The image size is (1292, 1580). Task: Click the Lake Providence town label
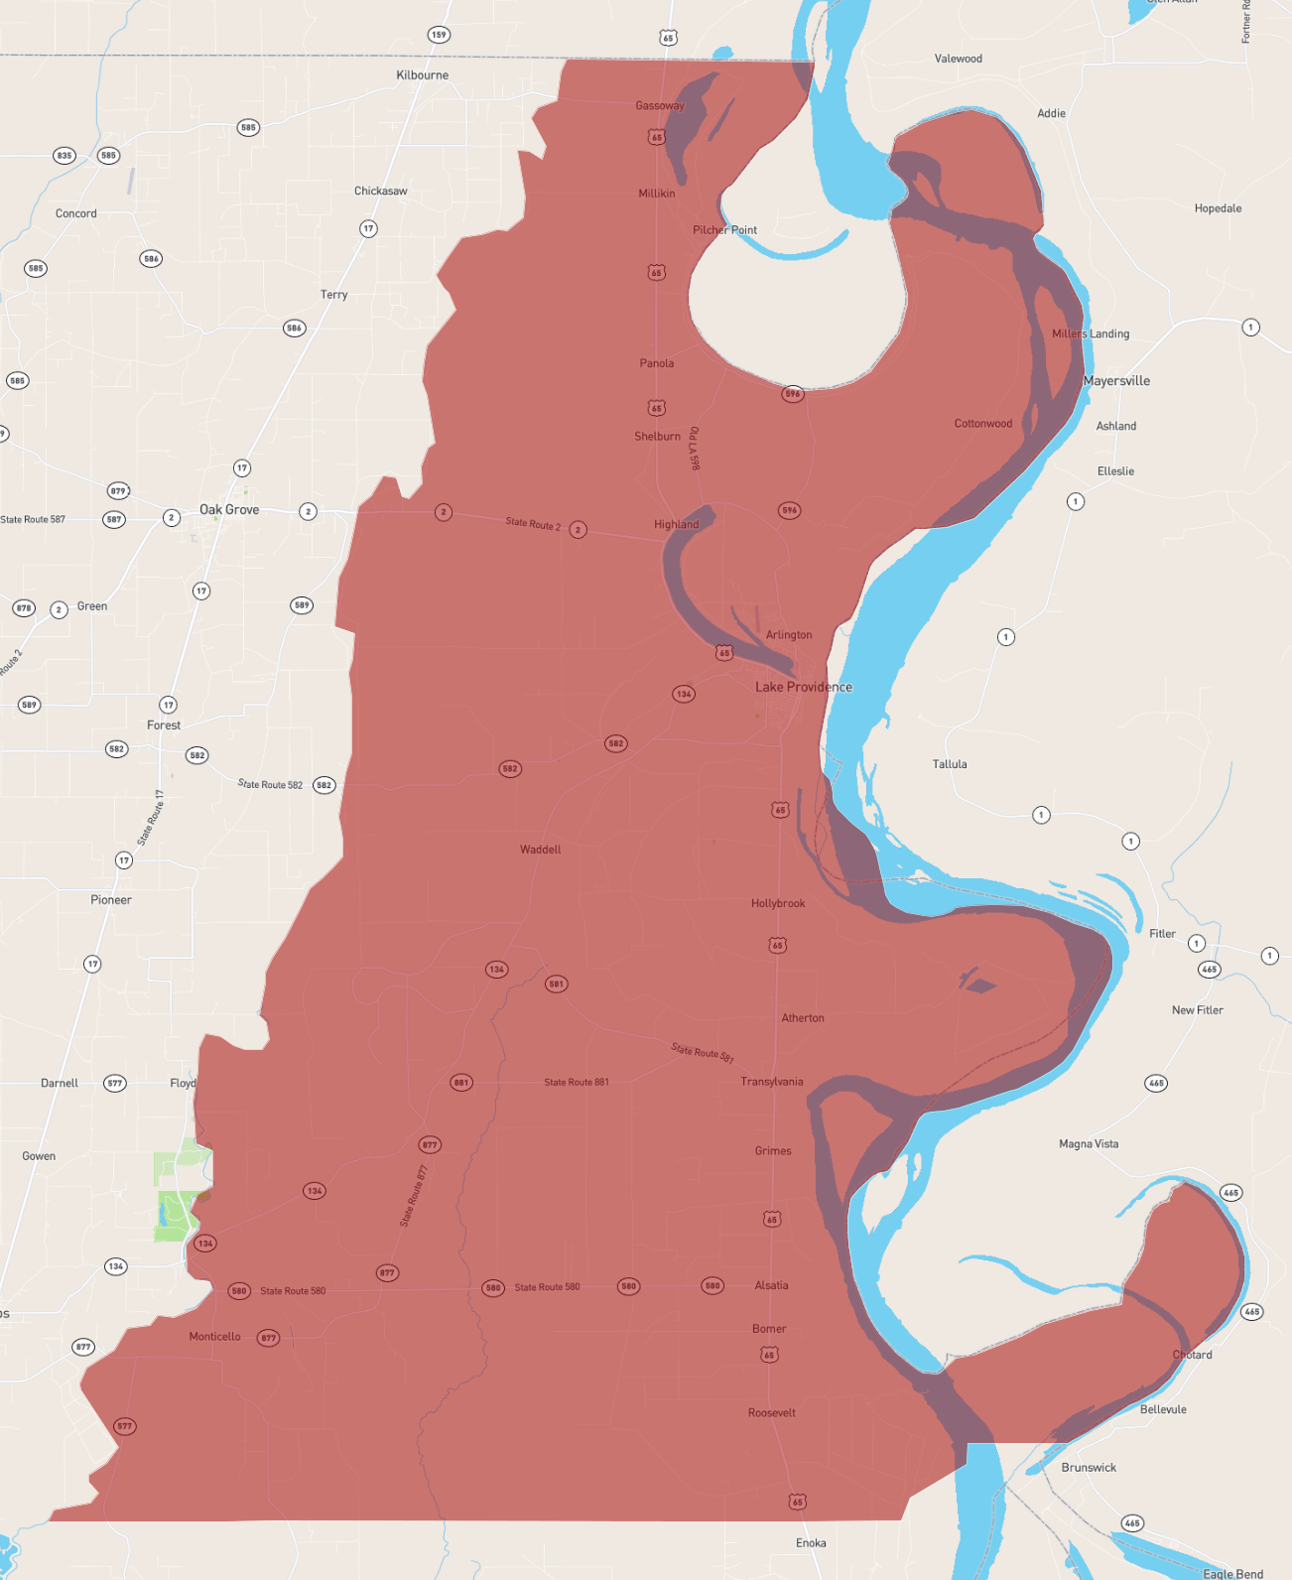803,687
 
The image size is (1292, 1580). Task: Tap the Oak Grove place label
229,510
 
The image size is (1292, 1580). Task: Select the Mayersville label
1116,381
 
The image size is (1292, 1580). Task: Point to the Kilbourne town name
422,75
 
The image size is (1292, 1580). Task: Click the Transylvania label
771,1082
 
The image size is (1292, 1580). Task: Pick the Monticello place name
214,1337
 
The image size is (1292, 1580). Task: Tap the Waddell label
540,850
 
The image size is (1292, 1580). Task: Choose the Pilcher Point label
724,230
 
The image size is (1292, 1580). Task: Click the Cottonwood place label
982,424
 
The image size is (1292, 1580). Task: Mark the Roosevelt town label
771,1413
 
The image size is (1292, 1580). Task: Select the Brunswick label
1089,1468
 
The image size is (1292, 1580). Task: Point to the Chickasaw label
380,192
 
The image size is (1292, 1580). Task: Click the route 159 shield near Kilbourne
439,35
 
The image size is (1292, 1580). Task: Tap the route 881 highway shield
461,1083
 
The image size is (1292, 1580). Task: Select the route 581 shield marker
556,985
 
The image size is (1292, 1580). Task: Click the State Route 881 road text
576,1083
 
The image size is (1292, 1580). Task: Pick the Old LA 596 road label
694,449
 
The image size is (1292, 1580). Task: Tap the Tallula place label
949,764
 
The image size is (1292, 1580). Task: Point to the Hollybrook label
778,904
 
